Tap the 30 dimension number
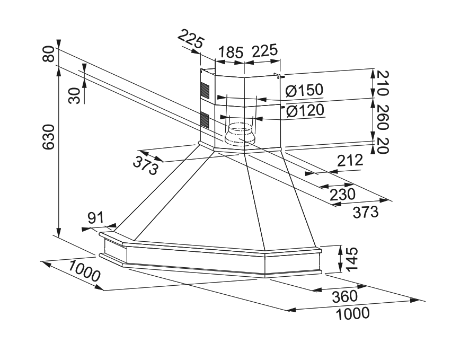pos(75,95)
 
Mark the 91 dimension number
pos(95,218)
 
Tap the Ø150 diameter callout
pos(304,91)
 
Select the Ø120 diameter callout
pos(304,111)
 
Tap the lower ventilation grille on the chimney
pos(205,119)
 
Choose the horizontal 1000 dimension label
pos(352,314)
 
